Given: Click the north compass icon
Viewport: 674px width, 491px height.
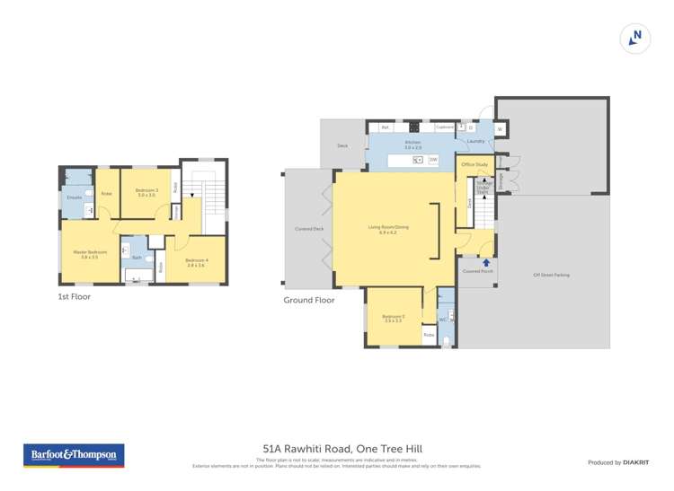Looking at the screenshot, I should click(x=635, y=38).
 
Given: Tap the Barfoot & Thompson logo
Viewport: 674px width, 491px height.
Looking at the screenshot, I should click(x=74, y=455).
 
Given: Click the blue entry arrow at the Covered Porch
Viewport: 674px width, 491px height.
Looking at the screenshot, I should click(x=487, y=262).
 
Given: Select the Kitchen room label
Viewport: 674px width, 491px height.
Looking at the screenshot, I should click(x=412, y=143).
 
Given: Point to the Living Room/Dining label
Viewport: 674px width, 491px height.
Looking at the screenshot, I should click(x=388, y=228).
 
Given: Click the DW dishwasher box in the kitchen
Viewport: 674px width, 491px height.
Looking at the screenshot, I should click(x=433, y=160).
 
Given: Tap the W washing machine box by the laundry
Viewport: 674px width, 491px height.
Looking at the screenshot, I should click(x=500, y=130).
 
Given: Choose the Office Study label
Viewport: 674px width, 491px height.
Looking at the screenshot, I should click(x=474, y=165).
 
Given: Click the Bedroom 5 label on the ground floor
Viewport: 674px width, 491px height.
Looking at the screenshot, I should click(x=393, y=318).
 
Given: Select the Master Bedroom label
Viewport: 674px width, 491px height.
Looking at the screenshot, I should click(x=90, y=253).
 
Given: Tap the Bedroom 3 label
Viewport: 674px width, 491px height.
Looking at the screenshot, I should click(x=146, y=191).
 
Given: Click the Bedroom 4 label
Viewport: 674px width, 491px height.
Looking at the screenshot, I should click(x=195, y=262).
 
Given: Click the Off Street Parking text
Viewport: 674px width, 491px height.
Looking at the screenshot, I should click(x=551, y=275).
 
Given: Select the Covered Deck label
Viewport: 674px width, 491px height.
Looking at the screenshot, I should click(x=309, y=229).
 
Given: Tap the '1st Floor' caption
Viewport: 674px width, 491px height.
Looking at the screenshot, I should click(x=74, y=296).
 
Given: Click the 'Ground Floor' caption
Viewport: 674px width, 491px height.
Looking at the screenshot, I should click(x=309, y=300).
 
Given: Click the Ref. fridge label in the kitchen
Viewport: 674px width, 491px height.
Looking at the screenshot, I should click(x=385, y=127).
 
